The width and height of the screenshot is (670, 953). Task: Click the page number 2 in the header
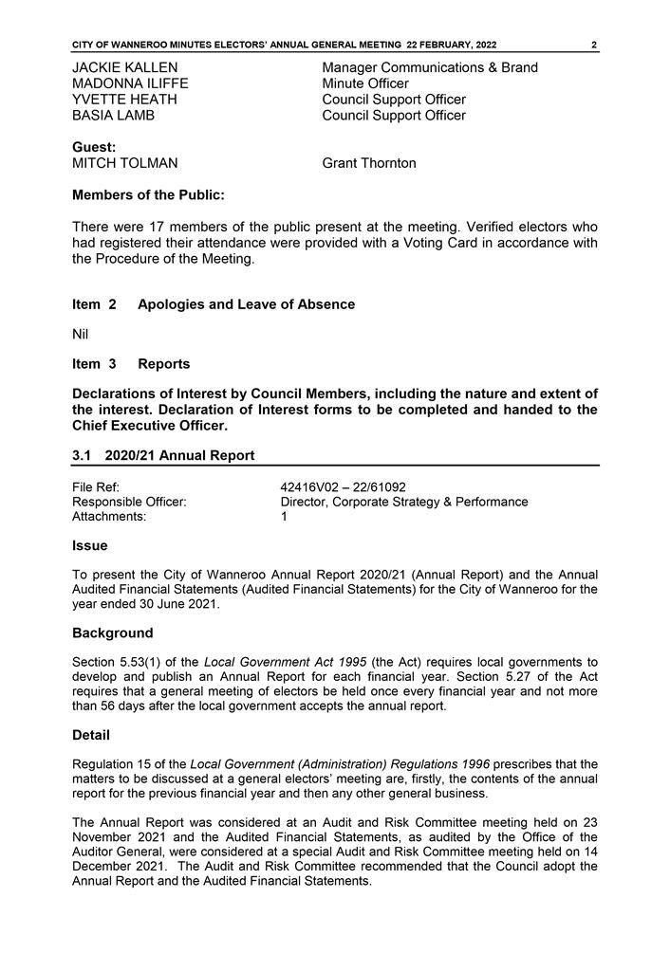(593, 45)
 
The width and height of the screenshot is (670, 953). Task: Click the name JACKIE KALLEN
(124, 67)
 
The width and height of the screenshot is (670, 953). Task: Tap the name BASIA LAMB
(113, 116)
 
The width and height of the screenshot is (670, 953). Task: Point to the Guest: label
(94, 147)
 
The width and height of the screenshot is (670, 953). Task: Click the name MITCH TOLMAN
(124, 163)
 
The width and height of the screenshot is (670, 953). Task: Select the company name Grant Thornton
(369, 163)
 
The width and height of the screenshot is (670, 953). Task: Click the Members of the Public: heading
(149, 195)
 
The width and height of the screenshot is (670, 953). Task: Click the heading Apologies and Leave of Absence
(246, 304)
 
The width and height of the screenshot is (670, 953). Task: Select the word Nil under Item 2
(80, 334)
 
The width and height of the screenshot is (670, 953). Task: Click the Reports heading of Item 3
(163, 364)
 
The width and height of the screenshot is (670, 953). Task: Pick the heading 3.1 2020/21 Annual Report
(163, 455)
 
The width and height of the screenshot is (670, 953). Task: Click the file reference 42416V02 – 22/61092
(344, 486)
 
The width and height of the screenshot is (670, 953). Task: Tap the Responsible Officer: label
(129, 502)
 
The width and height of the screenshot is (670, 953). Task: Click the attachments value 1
(284, 517)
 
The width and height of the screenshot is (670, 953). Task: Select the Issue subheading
(90, 545)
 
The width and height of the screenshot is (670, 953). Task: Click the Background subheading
(112, 632)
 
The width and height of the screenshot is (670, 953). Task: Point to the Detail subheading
(91, 735)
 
